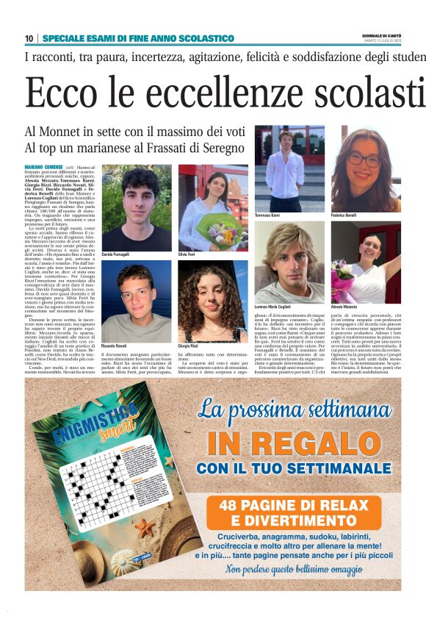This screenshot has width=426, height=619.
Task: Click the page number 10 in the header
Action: (29, 38)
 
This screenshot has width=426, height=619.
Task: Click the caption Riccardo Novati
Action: (116, 346)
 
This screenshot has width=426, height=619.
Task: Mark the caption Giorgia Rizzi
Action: (189, 346)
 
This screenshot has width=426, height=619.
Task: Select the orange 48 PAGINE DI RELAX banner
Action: (303, 513)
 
